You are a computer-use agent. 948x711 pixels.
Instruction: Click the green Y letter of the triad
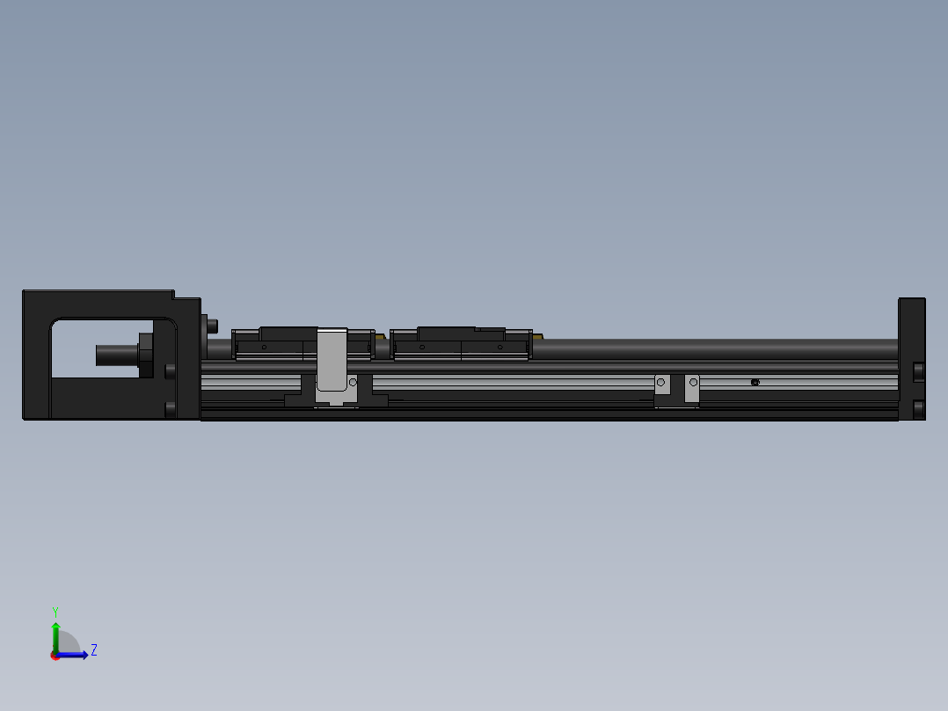[55, 610]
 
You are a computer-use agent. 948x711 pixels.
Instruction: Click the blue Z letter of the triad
[93, 650]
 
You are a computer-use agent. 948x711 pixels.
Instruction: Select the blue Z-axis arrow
[77, 655]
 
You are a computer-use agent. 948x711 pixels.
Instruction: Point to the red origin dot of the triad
[55, 656]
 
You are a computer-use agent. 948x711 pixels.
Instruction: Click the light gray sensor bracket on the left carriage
[332, 358]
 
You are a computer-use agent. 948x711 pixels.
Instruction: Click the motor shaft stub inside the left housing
[114, 355]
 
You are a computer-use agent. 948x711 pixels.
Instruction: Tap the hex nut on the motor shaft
[145, 354]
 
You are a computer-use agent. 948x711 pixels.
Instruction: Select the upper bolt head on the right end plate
[918, 371]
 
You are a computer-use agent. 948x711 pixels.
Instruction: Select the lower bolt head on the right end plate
[918, 409]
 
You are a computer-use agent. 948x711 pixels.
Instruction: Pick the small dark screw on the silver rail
[755, 382]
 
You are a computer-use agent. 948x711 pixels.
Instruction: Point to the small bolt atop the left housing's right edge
[211, 325]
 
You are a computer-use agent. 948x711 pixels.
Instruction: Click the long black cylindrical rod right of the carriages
[712, 348]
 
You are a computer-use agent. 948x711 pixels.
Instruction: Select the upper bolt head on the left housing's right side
[170, 370]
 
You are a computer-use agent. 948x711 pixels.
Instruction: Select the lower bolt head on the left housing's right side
[170, 408]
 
